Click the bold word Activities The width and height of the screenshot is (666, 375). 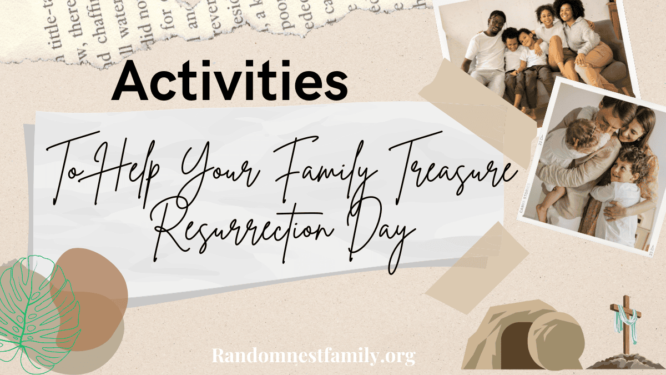click(x=230, y=82)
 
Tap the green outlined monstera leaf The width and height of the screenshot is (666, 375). click(x=36, y=311)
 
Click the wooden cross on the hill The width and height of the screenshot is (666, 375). click(x=625, y=328)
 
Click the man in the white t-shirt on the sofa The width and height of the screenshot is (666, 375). click(x=488, y=53)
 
